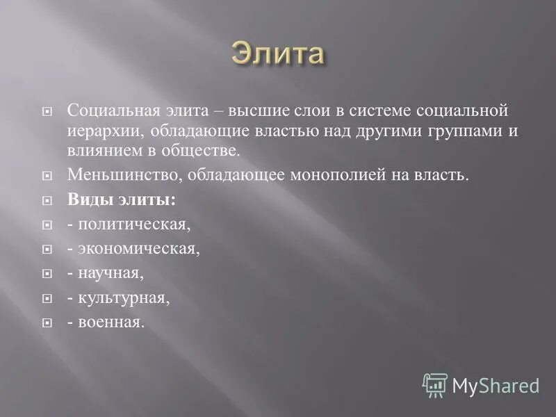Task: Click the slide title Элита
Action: (278, 54)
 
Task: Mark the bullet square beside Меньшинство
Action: (47, 176)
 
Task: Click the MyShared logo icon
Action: (435, 385)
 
